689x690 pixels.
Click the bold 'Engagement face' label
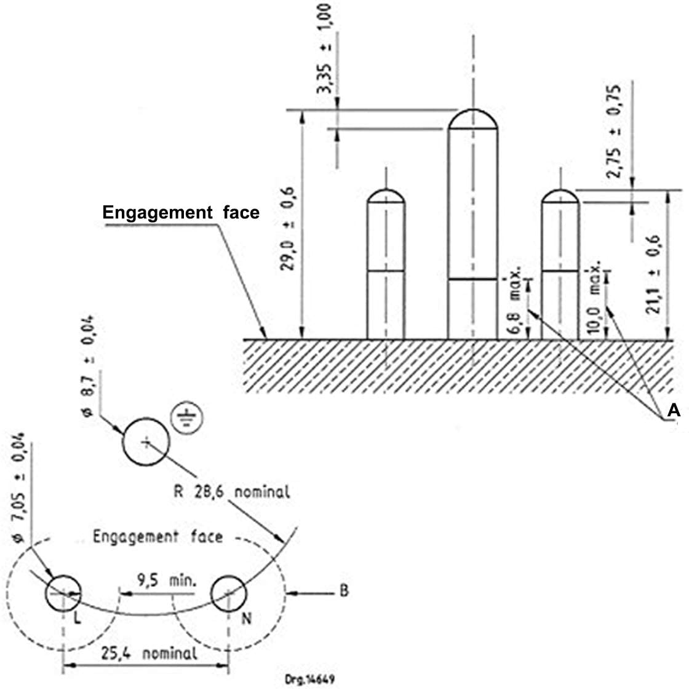181,213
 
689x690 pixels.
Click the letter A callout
674,410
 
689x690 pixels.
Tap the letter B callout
344,590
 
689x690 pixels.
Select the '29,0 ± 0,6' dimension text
288,228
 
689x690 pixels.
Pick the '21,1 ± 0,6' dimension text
653,274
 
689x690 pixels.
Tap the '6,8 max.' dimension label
515,300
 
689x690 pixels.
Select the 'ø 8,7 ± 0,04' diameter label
89,366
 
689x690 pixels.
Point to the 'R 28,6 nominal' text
232,491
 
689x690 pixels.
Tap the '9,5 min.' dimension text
167,581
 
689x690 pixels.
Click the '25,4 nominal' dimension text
149,654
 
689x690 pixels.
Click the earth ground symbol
186,417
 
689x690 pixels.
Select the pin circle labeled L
63,593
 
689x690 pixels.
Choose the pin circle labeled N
229,593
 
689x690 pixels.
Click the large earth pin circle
146,442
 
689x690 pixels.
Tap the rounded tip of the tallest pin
473,119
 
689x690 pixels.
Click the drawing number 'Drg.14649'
309,679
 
